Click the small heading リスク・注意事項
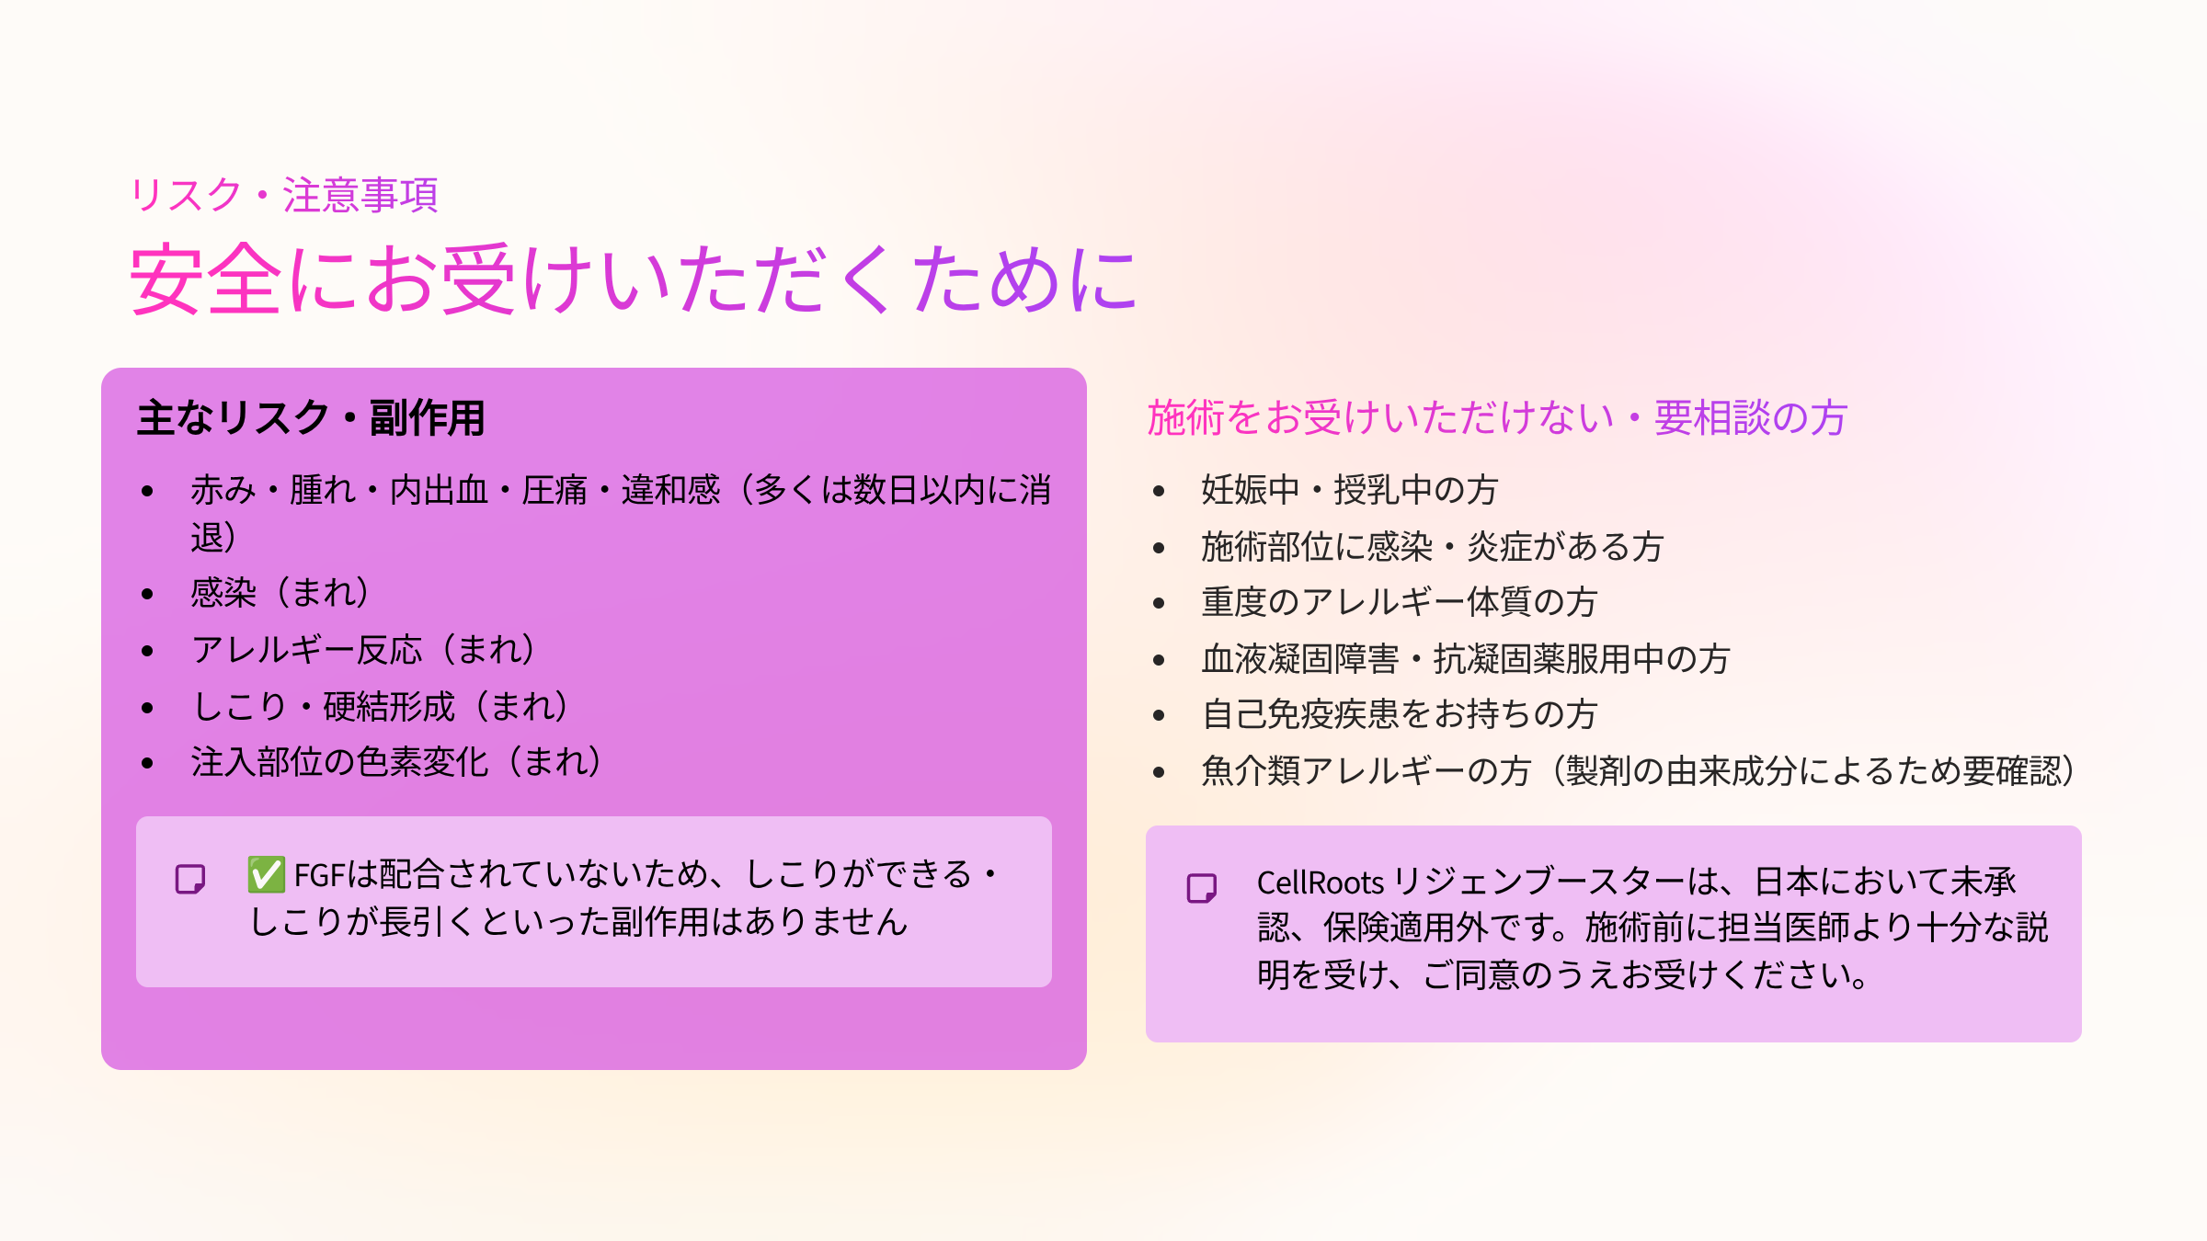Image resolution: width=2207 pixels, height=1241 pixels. tap(284, 195)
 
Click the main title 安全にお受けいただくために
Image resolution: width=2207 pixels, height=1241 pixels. tap(635, 279)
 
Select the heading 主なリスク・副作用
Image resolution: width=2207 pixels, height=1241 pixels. tap(311, 418)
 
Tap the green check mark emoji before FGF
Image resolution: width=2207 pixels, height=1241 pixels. tap(266, 874)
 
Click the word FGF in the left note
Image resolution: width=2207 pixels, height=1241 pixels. tap(319, 875)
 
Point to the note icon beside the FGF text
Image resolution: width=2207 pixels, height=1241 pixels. tap(190, 879)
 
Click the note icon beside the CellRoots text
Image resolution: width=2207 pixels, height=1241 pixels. tap(1202, 888)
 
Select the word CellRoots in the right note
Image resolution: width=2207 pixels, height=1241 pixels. tap(1320, 882)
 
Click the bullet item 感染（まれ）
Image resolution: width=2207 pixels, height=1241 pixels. tap(280, 593)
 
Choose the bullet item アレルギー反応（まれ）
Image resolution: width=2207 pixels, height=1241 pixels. tap(363, 650)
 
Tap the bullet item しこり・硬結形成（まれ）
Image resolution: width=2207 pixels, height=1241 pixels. tap(380, 707)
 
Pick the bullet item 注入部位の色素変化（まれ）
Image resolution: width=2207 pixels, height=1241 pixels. tap(396, 762)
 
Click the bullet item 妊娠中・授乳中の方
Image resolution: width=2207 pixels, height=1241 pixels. tap(1350, 490)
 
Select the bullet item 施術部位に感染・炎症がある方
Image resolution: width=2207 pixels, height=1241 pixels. tap(1433, 547)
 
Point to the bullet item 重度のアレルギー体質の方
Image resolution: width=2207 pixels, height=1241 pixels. tap(1400, 602)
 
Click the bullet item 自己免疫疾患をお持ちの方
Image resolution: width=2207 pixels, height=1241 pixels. tap(1400, 714)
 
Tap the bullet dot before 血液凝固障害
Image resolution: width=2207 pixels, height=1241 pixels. tap(1159, 660)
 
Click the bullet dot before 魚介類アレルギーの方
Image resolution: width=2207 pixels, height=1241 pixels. tap(1159, 772)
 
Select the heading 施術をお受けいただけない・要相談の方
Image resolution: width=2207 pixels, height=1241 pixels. tap(1498, 418)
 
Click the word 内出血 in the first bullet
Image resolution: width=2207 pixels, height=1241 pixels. tap(439, 490)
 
